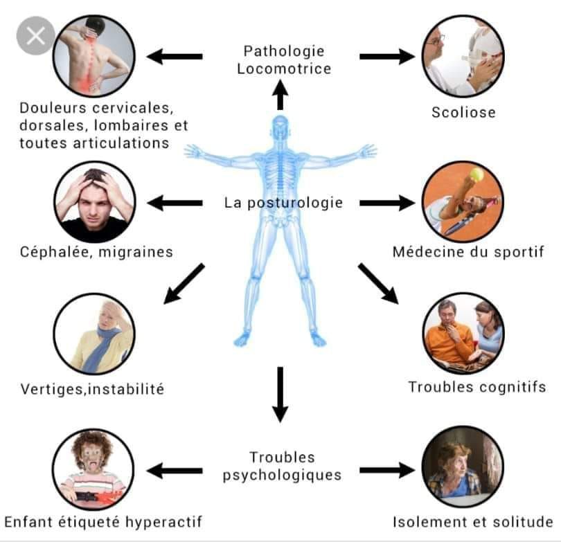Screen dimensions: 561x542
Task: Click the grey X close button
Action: point(36,36)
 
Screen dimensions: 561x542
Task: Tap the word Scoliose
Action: point(463,112)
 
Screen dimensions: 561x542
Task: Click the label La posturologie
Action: point(283,203)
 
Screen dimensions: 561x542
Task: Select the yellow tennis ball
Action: point(477,174)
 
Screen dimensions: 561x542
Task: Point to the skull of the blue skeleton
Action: point(280,126)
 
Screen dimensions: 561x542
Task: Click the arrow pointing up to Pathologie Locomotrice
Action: point(280,94)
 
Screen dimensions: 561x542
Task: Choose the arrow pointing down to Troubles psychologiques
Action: point(280,395)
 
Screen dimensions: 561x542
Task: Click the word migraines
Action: point(136,252)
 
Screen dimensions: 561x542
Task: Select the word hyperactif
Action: point(164,523)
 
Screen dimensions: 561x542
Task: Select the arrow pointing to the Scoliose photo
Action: point(387,57)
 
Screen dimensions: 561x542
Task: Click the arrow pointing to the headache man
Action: point(175,203)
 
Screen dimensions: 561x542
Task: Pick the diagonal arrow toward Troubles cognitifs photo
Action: point(378,284)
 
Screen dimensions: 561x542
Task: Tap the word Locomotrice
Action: point(284,69)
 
